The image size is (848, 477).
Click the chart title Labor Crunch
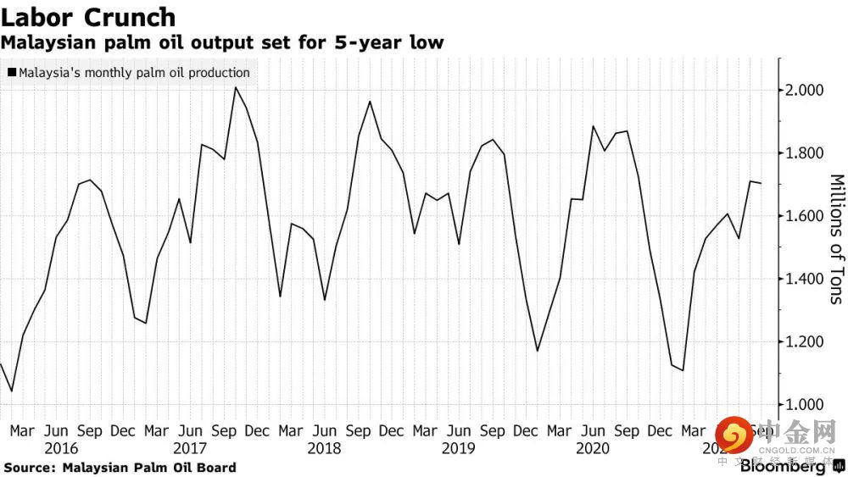coord(89,17)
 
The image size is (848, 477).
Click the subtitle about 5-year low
coord(222,42)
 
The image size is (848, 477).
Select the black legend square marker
coord(11,73)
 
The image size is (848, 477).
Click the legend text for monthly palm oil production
coord(133,73)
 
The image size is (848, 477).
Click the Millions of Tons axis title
coord(836,239)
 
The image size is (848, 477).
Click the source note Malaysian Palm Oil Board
coord(120,468)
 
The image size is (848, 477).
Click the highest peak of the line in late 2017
coord(235,87)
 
